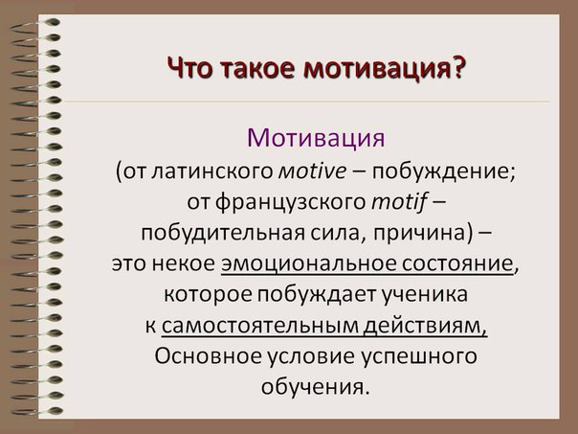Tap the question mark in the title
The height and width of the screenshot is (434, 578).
(457, 66)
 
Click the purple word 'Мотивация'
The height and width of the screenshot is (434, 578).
(316, 138)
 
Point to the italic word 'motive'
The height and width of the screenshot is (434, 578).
(312, 171)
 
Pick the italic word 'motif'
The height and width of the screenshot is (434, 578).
(399, 202)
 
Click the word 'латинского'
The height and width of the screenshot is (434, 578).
(211, 172)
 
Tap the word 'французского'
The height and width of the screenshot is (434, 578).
(290, 203)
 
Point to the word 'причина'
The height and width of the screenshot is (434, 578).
(419, 234)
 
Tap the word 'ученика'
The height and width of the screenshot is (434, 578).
(424, 295)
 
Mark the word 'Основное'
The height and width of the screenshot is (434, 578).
(208, 356)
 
